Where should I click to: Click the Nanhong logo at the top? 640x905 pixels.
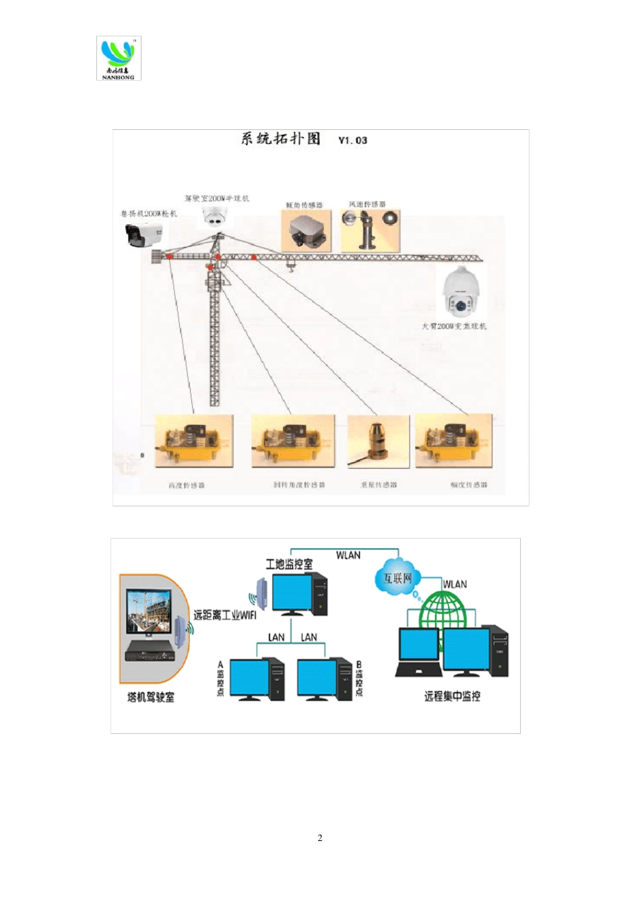[x=119, y=58]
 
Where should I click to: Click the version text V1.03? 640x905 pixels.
[x=352, y=140]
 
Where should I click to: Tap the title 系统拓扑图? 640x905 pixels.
[x=281, y=139]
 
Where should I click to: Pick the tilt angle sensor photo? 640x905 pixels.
[x=307, y=231]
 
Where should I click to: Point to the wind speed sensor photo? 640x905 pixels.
[x=370, y=230]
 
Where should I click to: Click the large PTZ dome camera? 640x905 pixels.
[x=461, y=293]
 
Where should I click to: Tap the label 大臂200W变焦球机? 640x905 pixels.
[x=454, y=327]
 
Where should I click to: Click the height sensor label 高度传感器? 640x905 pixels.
[x=187, y=485]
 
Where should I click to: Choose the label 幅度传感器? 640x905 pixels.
[x=469, y=485]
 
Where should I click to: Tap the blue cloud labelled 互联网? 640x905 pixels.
[x=397, y=577]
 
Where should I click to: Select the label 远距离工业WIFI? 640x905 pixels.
[x=224, y=615]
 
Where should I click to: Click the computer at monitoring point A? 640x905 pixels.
[x=257, y=679]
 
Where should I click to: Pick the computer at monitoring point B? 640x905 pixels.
[x=325, y=679]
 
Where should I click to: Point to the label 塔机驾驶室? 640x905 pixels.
[x=151, y=697]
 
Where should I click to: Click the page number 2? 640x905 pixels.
[x=320, y=838]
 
